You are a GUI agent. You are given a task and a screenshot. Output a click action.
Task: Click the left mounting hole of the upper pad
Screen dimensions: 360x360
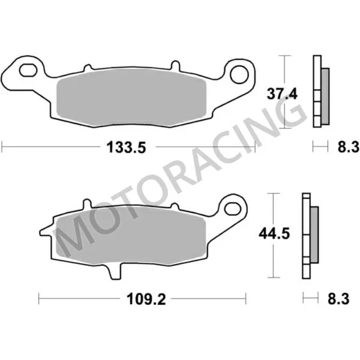pos(26,71)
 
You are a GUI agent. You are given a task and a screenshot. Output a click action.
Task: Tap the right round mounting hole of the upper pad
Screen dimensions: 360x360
pos(239,72)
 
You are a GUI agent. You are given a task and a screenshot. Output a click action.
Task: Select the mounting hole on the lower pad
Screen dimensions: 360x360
pos(232,208)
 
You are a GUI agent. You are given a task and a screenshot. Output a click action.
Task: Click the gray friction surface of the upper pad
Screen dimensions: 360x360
pos(132,98)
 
